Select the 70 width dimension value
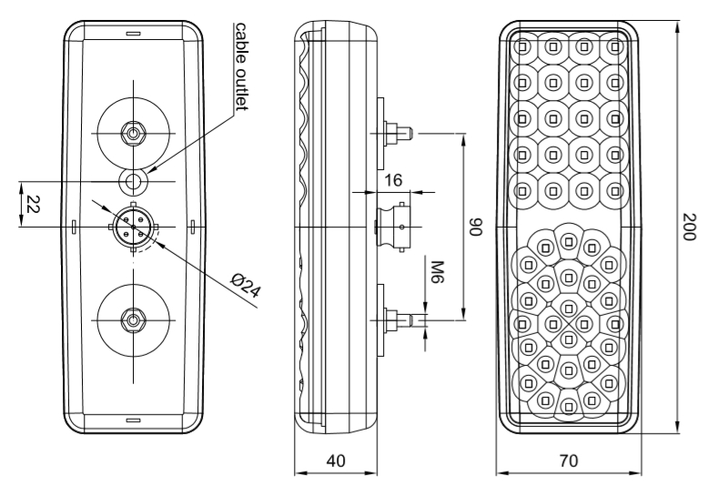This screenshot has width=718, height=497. point(568,461)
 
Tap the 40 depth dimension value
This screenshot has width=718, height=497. point(336,461)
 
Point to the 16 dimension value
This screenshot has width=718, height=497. point(393,180)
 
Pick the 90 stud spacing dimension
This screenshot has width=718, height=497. point(474,227)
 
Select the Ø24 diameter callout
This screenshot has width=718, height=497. point(244,291)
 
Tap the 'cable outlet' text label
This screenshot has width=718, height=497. point(241,67)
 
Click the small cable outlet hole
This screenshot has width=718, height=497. point(134,179)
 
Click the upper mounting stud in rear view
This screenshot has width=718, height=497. point(133,133)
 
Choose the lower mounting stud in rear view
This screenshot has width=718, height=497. point(133,320)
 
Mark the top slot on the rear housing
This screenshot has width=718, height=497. point(133,34)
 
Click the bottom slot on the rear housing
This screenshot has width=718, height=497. point(133,420)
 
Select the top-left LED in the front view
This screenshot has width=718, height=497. point(522,46)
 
